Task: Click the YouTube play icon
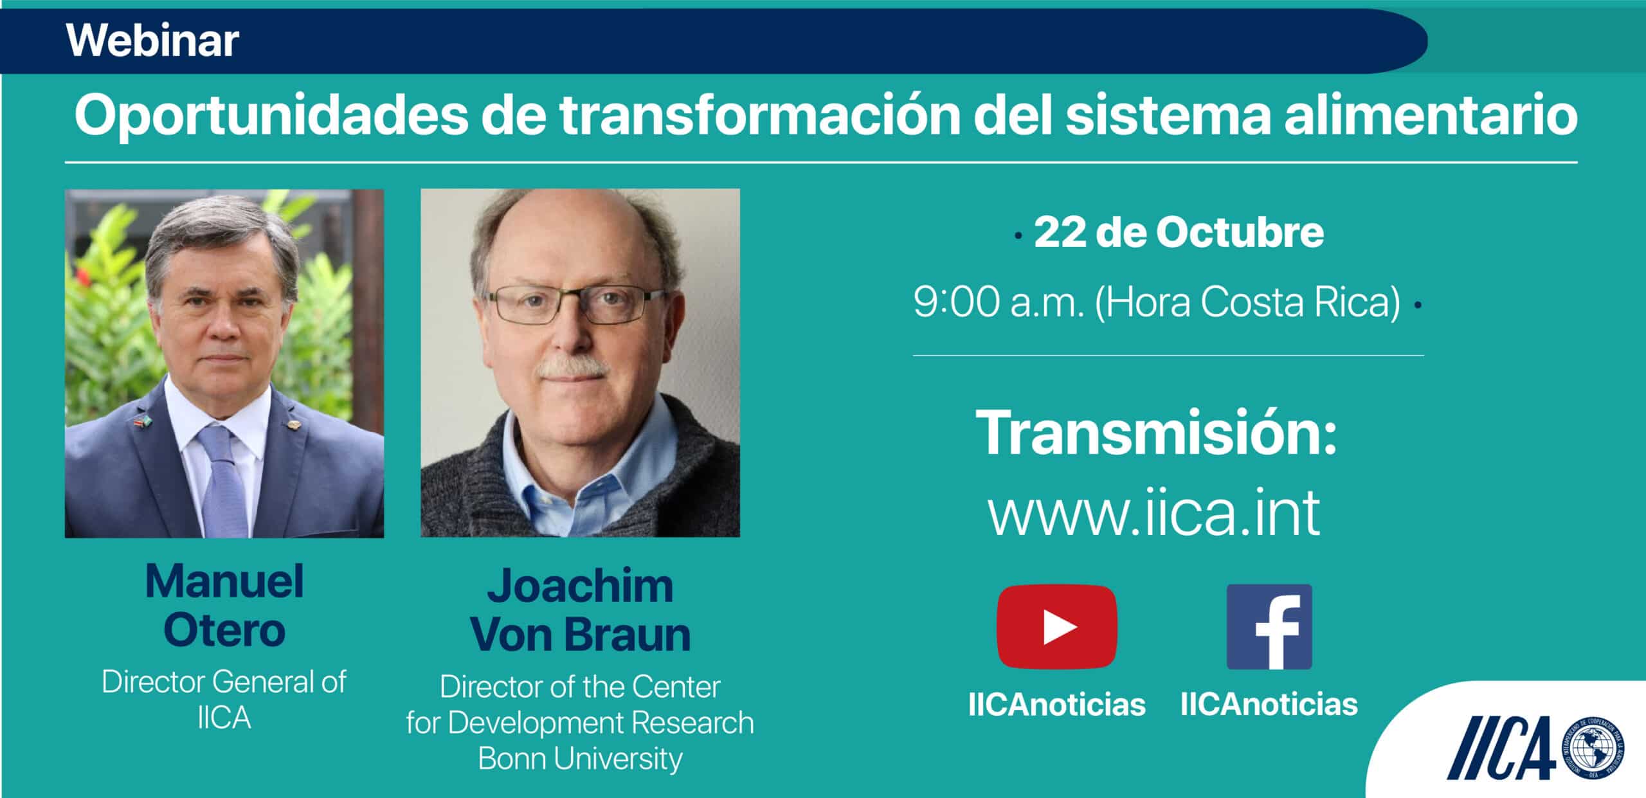click(x=1057, y=627)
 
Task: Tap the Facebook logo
click(x=1269, y=627)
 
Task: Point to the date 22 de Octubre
click(x=1179, y=232)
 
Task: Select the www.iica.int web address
click(x=1154, y=512)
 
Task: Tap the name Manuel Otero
click(x=224, y=605)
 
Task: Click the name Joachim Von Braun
click(x=581, y=610)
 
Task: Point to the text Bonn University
click(x=580, y=759)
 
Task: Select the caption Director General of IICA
click(x=224, y=700)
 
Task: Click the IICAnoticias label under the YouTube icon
click(x=1057, y=705)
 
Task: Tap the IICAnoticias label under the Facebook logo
click(x=1269, y=705)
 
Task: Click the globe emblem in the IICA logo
click(x=1592, y=752)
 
